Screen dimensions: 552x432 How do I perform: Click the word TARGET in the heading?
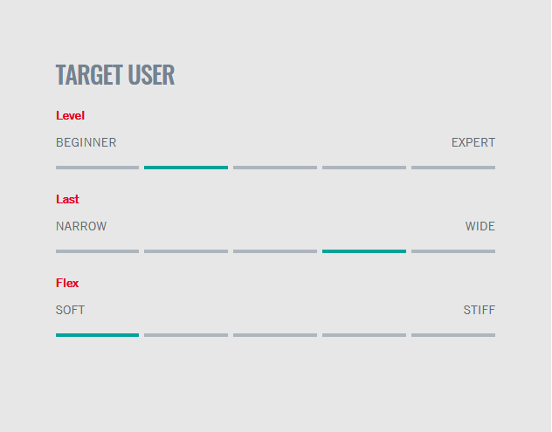click(89, 74)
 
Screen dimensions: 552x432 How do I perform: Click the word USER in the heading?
click(151, 74)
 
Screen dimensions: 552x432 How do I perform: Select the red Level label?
click(70, 115)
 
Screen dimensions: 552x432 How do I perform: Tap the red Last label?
click(67, 199)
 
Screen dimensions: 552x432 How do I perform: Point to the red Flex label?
click(67, 283)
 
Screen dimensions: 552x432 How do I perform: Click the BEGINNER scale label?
click(86, 142)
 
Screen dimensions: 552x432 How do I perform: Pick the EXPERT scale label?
click(473, 142)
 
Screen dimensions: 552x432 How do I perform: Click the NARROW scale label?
click(81, 226)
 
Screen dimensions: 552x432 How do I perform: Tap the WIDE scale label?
click(480, 226)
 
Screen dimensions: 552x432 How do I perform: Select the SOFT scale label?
click(70, 310)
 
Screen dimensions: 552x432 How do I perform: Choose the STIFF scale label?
click(480, 310)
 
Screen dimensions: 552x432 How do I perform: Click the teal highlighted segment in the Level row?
click(186, 168)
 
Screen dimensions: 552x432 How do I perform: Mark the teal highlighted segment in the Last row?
click(364, 251)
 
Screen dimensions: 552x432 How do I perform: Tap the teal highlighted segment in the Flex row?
click(97, 335)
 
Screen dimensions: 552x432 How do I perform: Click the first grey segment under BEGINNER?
click(97, 168)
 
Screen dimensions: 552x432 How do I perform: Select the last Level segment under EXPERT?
click(453, 168)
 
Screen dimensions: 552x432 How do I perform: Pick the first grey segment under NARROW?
click(97, 251)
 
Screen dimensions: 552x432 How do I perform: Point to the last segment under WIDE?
click(453, 251)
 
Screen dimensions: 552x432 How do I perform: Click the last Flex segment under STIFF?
click(453, 335)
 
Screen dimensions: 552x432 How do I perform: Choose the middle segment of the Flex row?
click(275, 335)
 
